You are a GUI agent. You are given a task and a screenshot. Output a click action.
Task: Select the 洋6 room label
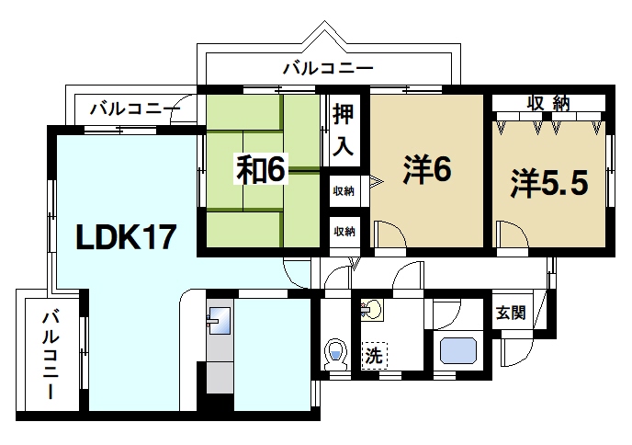[x=425, y=171]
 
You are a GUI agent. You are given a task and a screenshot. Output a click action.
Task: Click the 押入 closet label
[x=343, y=130]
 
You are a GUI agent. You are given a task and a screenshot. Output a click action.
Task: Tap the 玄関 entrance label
[x=511, y=312]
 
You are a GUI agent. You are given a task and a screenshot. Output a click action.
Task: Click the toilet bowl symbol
[x=336, y=353]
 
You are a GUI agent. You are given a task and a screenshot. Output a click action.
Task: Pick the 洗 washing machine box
[x=374, y=354]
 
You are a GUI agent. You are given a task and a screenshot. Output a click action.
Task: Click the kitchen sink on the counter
[x=220, y=322]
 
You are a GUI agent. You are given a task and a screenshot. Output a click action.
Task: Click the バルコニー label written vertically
[x=51, y=355]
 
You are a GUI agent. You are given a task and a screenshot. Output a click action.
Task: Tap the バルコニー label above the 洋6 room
[x=327, y=67]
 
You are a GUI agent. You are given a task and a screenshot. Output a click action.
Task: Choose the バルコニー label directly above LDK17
[x=134, y=109]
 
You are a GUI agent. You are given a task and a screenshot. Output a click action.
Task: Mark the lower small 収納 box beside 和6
[x=344, y=230]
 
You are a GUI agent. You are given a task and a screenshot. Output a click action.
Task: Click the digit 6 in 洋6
[x=443, y=171]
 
